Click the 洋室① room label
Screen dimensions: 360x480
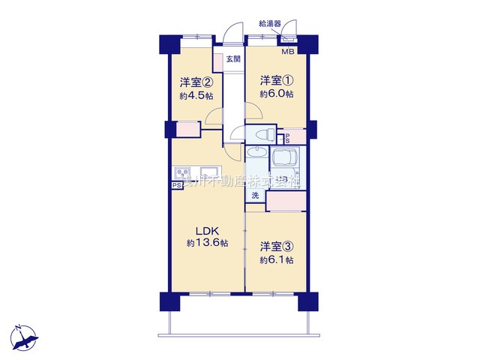point(276,79)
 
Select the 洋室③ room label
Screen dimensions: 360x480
point(276,246)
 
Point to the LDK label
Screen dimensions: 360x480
point(208,229)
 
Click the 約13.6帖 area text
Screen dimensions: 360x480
point(208,243)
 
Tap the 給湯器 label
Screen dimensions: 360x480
point(270,24)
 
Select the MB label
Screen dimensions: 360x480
point(288,52)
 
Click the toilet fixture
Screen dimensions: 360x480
point(262,135)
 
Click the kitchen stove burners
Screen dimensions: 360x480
point(184,171)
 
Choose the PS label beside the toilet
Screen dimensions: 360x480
point(286,137)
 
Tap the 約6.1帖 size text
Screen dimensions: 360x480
point(277,259)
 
